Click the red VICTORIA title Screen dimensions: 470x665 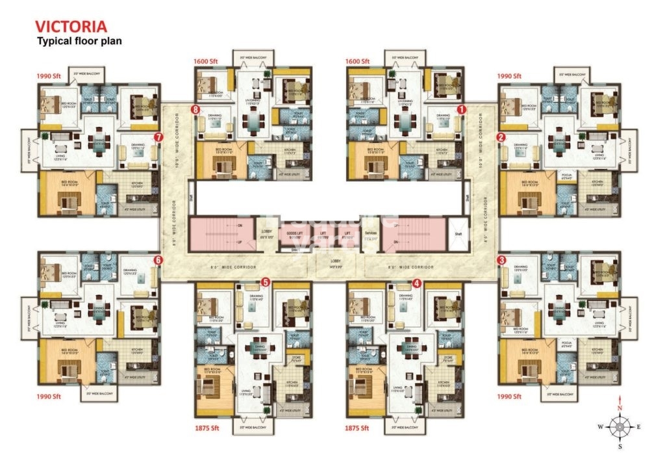pos(71,27)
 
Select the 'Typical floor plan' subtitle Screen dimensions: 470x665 pos(79,41)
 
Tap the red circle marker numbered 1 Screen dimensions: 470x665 pos(461,110)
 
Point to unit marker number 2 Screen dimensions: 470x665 pos(501,137)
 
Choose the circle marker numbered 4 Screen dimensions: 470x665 pos(417,283)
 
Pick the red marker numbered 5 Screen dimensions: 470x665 pos(265,282)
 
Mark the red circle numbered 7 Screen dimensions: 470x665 pos(158,137)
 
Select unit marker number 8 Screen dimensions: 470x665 pos(195,110)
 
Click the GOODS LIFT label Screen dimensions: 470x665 pos(294,236)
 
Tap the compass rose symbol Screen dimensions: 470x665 pos(620,427)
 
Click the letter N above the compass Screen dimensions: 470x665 pos(620,408)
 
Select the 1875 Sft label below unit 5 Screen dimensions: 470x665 pos(207,428)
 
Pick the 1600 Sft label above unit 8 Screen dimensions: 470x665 pos(205,61)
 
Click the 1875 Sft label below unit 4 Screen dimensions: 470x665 pos(358,428)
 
